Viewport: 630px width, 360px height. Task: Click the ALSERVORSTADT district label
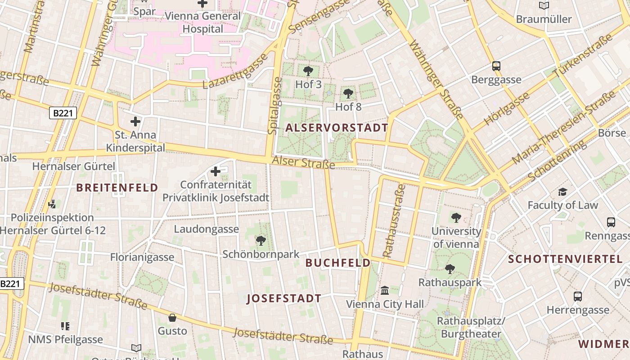click(x=337, y=128)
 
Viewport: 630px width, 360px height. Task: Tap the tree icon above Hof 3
click(x=308, y=71)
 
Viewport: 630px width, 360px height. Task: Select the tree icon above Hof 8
click(x=348, y=94)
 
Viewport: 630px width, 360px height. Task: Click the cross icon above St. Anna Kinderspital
click(x=135, y=121)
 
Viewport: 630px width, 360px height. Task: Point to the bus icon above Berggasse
click(x=496, y=66)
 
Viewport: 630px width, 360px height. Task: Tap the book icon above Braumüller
click(x=544, y=6)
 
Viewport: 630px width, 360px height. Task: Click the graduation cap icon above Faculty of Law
click(x=562, y=192)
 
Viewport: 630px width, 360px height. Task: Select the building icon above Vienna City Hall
click(x=385, y=291)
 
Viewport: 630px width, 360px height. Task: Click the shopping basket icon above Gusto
click(x=172, y=318)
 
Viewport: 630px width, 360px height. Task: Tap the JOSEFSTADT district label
click(x=284, y=298)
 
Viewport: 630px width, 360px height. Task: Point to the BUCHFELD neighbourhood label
click(x=338, y=263)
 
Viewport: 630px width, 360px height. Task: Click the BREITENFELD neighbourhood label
click(x=117, y=188)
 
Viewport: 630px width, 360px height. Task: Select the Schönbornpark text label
click(x=261, y=254)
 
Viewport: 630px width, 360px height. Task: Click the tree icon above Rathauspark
click(x=450, y=269)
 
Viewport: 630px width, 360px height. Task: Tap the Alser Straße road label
click(x=304, y=162)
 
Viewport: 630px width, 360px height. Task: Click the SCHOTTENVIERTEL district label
click(x=565, y=259)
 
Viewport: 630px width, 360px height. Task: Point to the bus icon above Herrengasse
click(x=578, y=297)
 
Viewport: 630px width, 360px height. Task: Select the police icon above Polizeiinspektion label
click(x=52, y=204)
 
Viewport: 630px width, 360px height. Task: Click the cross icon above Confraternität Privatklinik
click(x=216, y=171)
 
